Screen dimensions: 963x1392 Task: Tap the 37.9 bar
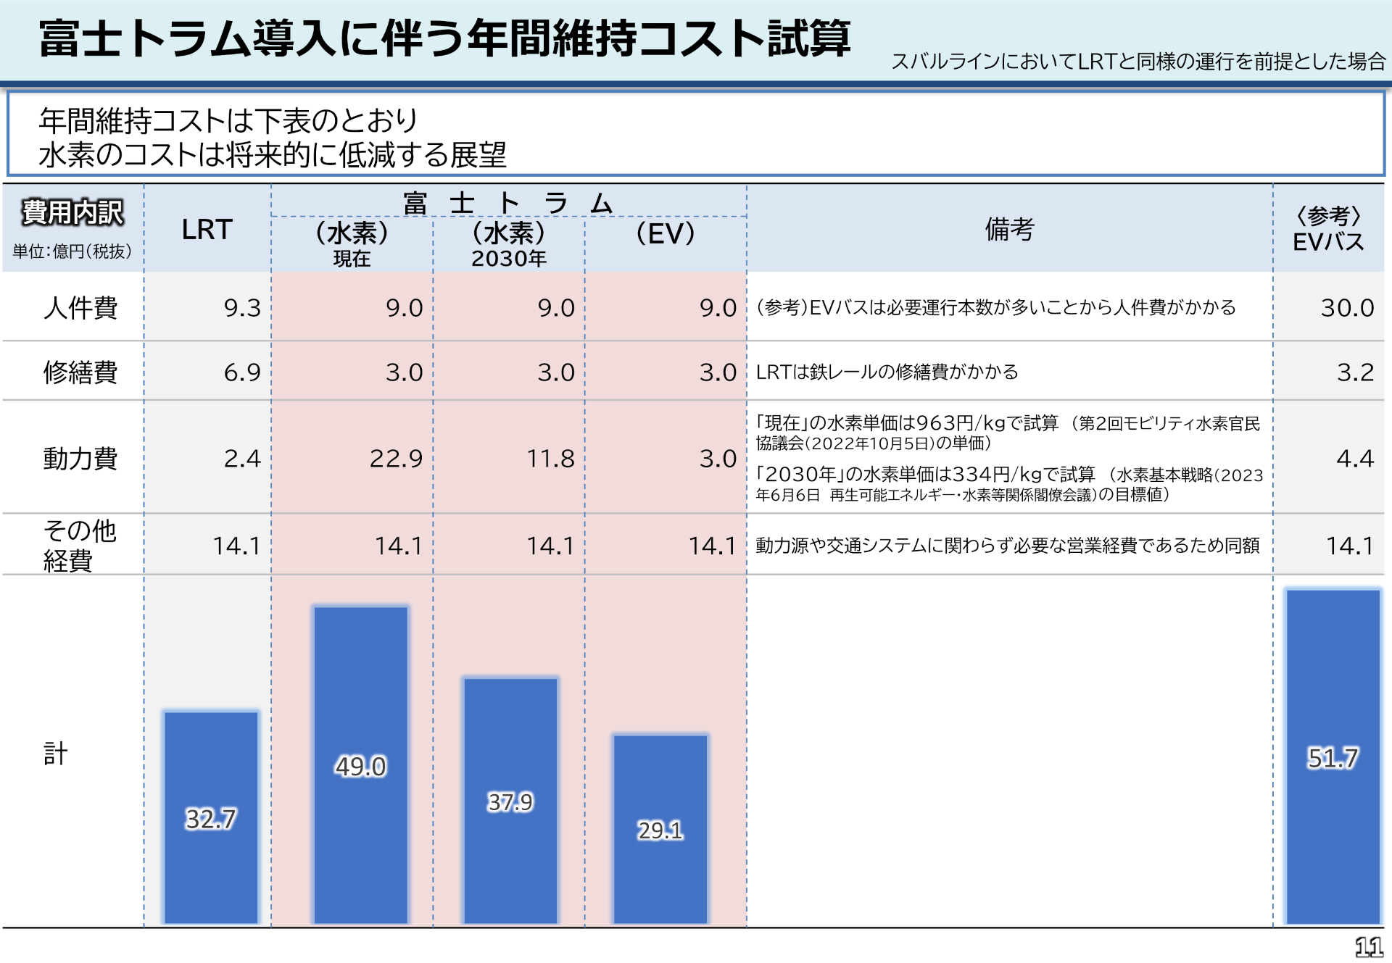510,801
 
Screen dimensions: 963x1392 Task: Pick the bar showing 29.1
660,829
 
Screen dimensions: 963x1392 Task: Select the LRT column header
207,230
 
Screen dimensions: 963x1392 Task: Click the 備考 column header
1009,229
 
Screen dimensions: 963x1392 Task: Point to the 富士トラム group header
508,202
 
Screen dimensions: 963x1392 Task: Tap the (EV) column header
665,234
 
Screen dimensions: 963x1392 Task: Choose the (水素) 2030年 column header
508,244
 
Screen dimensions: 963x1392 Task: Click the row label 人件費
80,307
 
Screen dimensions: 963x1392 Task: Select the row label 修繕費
80,372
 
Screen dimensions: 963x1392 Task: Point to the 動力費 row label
80,458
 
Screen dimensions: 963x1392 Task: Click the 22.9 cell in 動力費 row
396,458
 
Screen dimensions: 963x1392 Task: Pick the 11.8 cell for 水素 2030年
550,458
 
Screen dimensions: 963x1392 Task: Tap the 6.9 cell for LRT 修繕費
241,372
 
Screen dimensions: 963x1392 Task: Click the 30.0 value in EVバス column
1346,307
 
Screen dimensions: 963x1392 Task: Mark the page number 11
1368,946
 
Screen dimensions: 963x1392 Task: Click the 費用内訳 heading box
72,212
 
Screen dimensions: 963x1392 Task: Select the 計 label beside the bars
55,754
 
